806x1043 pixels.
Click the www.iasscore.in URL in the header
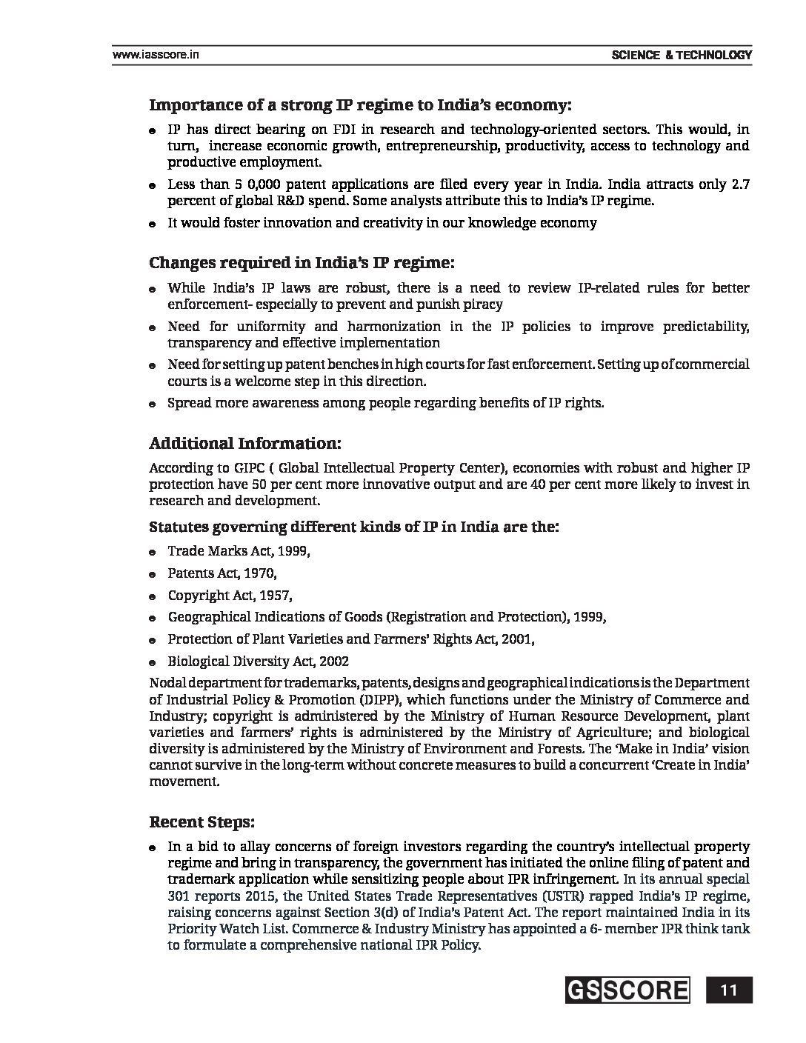click(155, 55)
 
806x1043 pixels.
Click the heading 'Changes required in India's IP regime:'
click(302, 263)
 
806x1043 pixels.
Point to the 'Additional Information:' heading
click(245, 444)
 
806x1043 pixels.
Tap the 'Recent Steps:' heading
click(202, 822)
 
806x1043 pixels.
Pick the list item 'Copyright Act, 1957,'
click(230, 596)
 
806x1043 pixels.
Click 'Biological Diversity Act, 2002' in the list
click(258, 662)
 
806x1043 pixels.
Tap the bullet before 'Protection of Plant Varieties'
click(151, 640)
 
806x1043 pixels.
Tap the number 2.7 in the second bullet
click(739, 184)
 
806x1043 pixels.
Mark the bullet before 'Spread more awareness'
click(151, 404)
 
